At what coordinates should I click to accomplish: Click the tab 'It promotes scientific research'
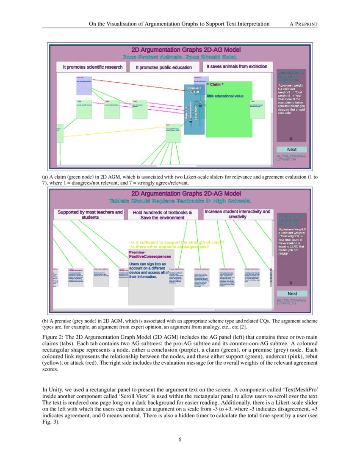click(93, 67)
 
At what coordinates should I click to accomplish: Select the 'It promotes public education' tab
click(163, 67)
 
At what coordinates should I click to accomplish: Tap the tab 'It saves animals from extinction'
click(237, 67)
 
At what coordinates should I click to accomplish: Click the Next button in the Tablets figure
click(292, 294)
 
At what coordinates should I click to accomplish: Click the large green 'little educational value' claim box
click(229, 109)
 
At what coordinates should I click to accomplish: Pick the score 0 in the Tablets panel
click(291, 283)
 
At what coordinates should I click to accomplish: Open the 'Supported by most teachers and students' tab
click(90, 214)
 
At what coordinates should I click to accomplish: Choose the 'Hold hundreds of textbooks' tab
click(163, 215)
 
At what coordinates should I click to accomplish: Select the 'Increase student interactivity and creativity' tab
click(237, 214)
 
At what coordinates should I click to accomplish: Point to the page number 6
click(180, 439)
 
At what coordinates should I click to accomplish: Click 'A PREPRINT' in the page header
click(303, 24)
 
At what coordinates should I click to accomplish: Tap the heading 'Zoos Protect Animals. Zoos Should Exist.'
click(180, 57)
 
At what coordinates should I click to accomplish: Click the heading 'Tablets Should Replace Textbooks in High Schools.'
click(180, 200)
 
